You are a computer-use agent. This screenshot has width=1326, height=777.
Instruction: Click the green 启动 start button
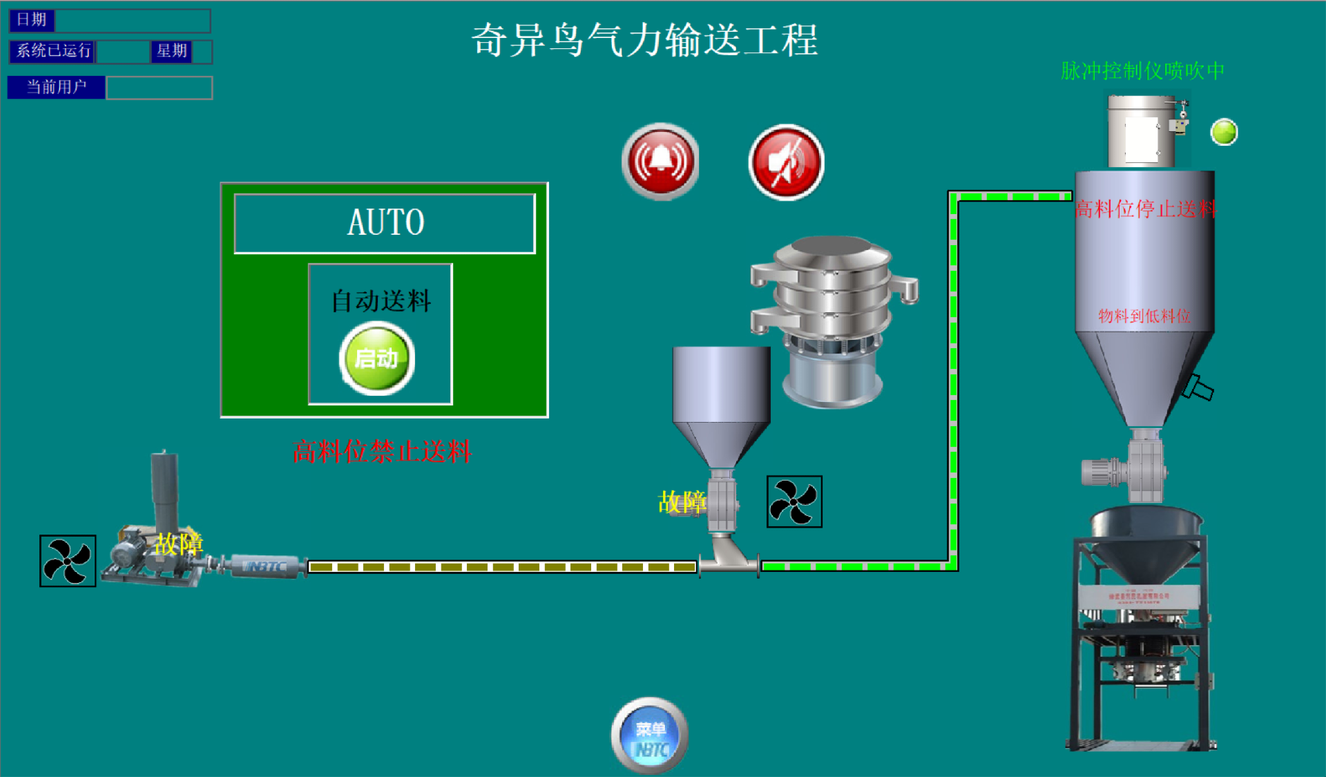(x=377, y=358)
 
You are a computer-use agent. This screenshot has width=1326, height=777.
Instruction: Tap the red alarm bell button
(x=661, y=162)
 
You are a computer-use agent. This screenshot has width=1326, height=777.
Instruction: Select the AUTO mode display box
(x=385, y=223)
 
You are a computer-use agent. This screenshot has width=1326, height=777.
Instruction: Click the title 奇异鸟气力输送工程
(x=644, y=40)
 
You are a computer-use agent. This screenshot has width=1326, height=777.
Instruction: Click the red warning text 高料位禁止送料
(x=382, y=452)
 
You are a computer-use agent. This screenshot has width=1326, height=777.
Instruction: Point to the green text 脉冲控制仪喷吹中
(x=1142, y=70)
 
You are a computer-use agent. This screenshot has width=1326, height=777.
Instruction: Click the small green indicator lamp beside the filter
(x=1224, y=132)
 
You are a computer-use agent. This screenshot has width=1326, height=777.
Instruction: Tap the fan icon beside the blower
(x=68, y=561)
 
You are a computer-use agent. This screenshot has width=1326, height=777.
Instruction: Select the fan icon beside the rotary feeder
(x=794, y=501)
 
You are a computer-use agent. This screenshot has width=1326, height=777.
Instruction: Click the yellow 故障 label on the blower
(x=179, y=544)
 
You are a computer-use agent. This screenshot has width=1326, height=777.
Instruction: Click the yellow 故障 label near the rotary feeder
(x=682, y=502)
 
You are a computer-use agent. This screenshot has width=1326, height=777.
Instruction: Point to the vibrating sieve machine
(x=834, y=318)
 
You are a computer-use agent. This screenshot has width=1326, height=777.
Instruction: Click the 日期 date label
(x=32, y=20)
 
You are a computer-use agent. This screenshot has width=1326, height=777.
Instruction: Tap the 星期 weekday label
(x=171, y=51)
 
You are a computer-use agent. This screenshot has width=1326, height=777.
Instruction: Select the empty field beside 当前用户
(x=160, y=88)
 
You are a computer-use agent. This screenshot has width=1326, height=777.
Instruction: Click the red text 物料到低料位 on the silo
(x=1144, y=316)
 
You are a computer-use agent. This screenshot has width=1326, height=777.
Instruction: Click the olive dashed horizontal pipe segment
(x=502, y=567)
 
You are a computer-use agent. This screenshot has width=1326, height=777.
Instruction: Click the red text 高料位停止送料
(x=1145, y=209)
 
